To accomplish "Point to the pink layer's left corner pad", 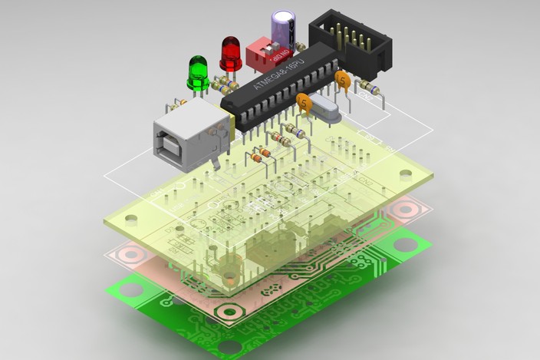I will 132,253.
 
